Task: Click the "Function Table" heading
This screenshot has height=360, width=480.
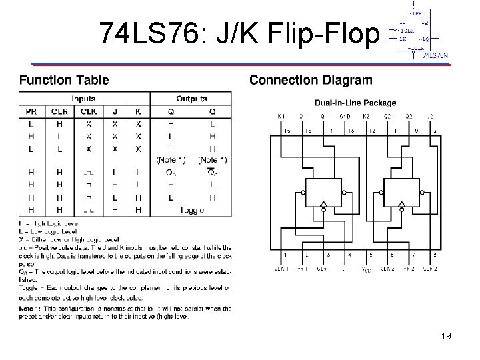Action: [x=64, y=80]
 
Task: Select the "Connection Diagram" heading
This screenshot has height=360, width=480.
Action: [x=311, y=80]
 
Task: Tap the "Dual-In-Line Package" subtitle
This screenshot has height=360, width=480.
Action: [x=356, y=103]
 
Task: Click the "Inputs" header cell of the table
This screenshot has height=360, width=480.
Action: [x=83, y=99]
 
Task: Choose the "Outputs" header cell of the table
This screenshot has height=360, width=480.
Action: [x=191, y=99]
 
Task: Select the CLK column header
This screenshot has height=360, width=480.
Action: [x=88, y=111]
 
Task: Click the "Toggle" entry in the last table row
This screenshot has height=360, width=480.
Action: [x=192, y=209]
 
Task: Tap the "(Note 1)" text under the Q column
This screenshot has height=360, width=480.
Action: [x=171, y=160]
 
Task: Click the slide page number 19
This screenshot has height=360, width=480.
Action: [x=445, y=336]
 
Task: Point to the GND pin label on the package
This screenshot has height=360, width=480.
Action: [x=345, y=117]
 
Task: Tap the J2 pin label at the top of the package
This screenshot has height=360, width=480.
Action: [x=430, y=117]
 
